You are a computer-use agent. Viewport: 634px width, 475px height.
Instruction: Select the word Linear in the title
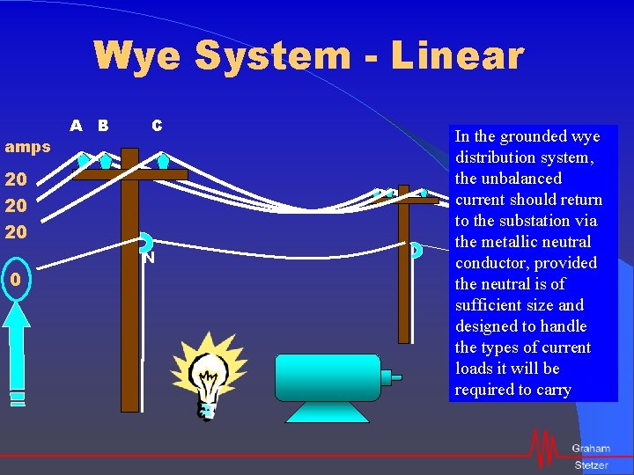(457, 55)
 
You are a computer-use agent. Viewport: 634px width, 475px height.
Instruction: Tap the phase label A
(77, 126)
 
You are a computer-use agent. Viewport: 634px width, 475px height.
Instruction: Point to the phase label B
(103, 126)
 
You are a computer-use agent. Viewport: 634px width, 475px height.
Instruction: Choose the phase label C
(157, 126)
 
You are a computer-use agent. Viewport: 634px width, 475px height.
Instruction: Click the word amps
(28, 147)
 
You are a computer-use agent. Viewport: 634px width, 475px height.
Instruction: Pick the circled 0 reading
(15, 280)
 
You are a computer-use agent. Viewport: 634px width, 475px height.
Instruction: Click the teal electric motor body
(327, 377)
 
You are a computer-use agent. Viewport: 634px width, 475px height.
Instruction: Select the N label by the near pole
(150, 259)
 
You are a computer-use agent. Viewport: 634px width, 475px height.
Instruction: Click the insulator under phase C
(163, 161)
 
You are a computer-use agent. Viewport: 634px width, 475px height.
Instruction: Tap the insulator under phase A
(83, 161)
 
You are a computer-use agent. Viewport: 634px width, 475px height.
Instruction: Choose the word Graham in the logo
(590, 449)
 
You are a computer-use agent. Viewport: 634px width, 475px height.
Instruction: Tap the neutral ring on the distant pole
(416, 251)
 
